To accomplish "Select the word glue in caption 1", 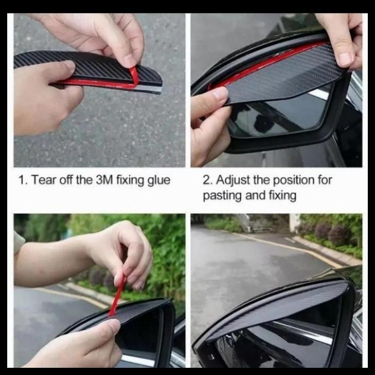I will (x=159, y=181).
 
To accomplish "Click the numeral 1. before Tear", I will (x=23, y=181).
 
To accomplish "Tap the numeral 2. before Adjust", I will (x=207, y=181).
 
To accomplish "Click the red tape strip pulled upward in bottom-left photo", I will (x=118, y=294).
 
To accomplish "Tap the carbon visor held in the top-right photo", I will (x=288, y=72).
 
